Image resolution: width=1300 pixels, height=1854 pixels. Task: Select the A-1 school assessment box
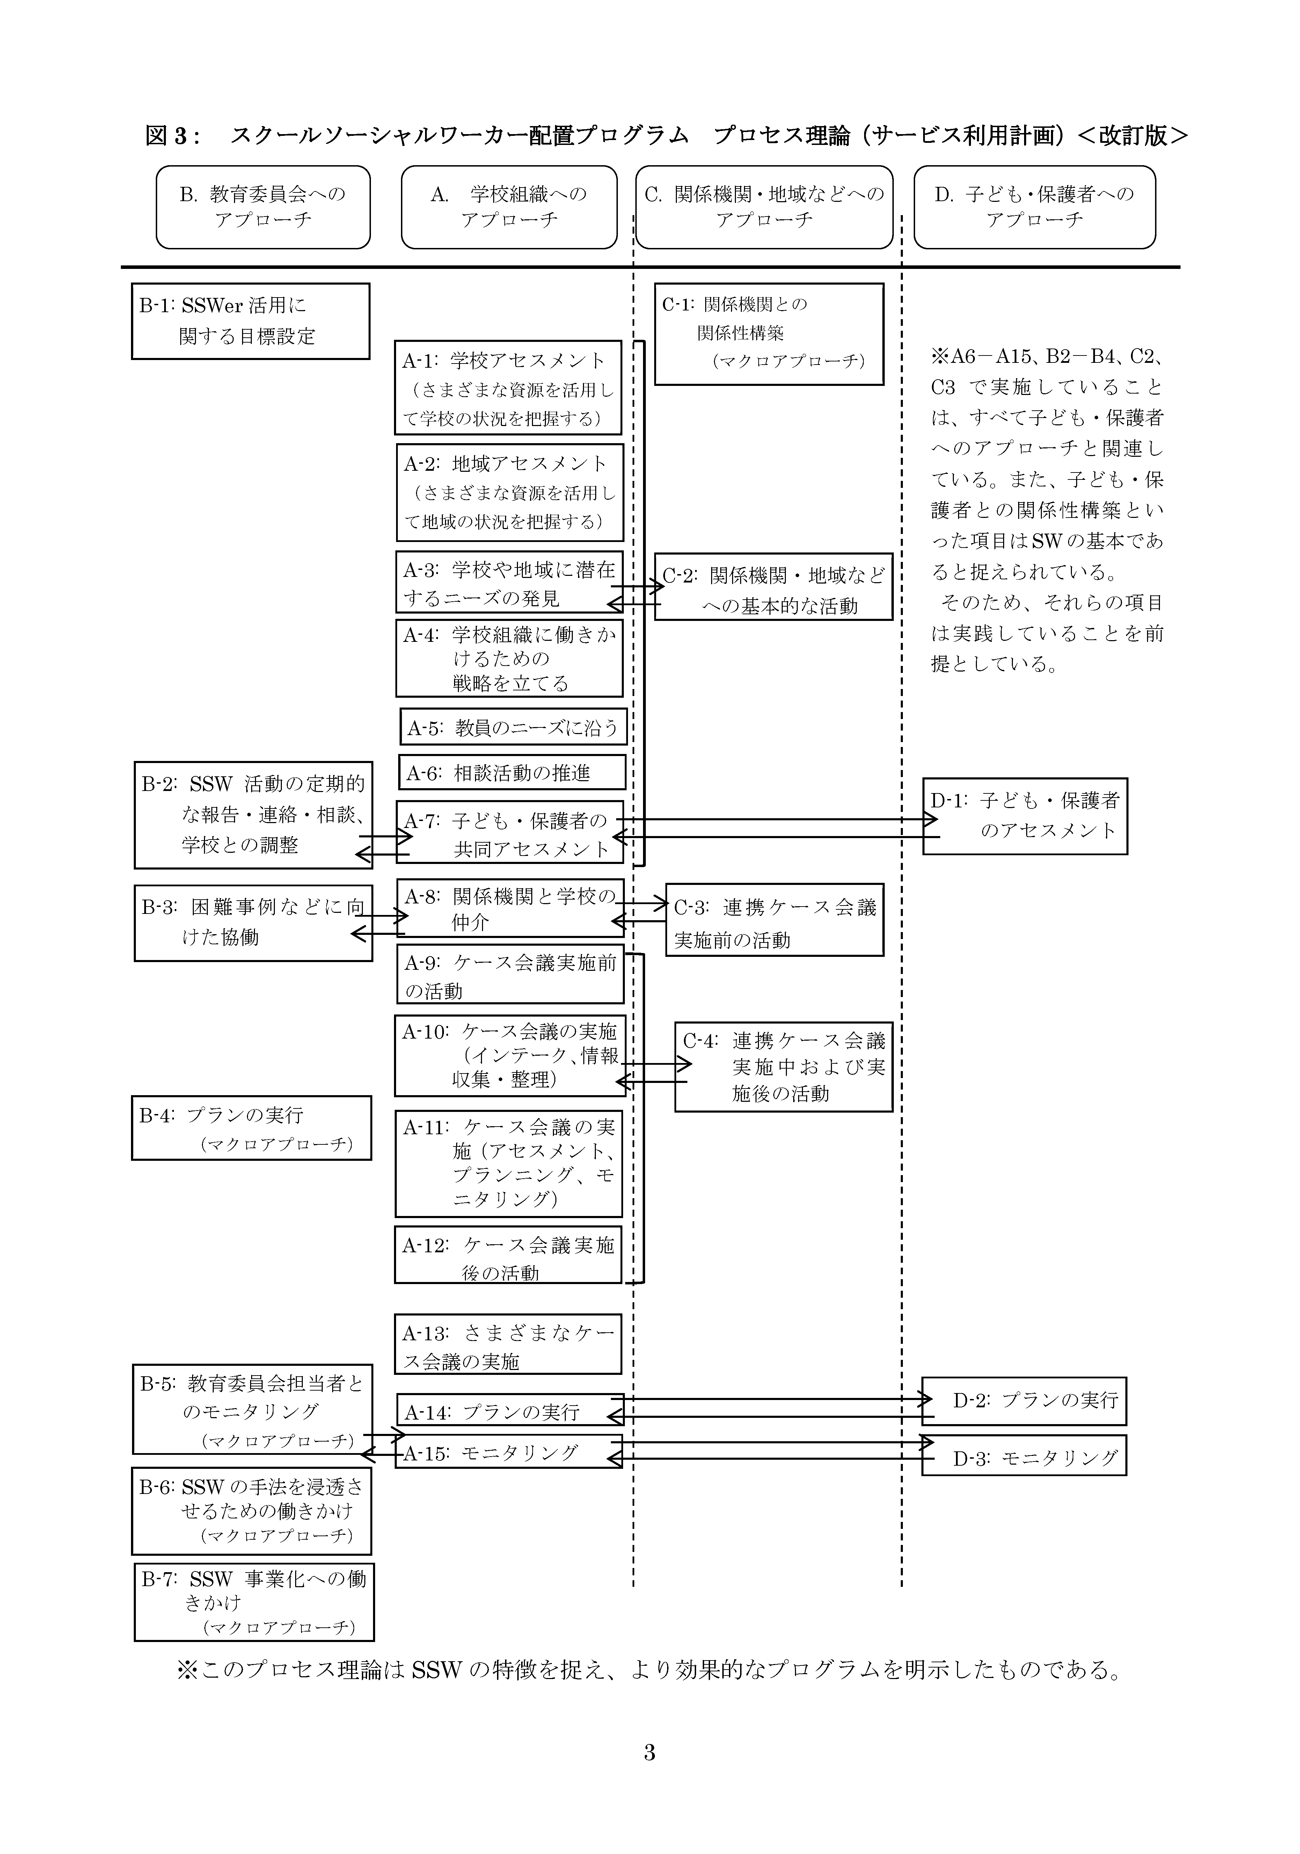(x=509, y=388)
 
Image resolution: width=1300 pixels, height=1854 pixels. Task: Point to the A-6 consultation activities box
(x=512, y=773)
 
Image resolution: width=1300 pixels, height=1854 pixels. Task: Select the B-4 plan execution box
(x=251, y=1128)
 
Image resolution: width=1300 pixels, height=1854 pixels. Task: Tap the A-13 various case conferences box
(x=508, y=1346)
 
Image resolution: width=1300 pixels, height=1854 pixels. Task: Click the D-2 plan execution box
(x=1024, y=1401)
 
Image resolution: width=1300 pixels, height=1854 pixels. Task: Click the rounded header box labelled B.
(x=263, y=207)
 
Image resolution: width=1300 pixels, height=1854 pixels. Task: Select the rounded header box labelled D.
(x=1034, y=207)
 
